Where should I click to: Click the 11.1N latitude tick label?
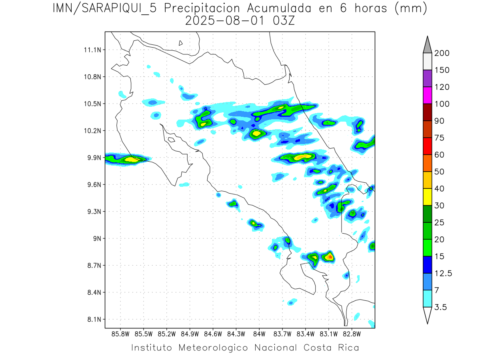92,50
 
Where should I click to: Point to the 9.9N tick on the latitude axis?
92,158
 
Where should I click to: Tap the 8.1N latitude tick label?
92,319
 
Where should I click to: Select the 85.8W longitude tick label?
121,334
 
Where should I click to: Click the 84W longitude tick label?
259,334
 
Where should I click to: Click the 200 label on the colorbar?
442,53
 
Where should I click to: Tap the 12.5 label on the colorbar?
443,273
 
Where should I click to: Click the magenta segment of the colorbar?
427,95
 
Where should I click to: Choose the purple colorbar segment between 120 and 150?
427,78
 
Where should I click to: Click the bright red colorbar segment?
427,146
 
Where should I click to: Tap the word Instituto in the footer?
152,348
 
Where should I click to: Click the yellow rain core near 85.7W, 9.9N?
131,159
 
